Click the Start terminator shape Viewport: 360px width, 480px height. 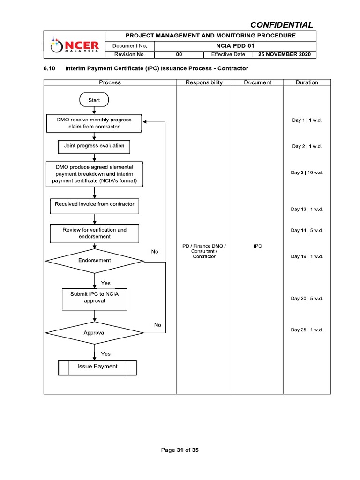click(94, 100)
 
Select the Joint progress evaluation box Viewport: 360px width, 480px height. click(94, 146)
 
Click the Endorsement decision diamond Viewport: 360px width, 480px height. click(94, 261)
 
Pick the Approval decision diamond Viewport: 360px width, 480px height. click(94, 333)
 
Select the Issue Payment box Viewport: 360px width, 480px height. click(97, 367)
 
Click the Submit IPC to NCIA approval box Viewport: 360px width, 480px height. click(94, 299)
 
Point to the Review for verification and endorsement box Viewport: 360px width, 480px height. click(94, 233)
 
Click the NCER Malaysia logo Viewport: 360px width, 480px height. click(75, 45)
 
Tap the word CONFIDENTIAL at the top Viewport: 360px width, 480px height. click(281, 25)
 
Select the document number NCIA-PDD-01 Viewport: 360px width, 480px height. click(234, 46)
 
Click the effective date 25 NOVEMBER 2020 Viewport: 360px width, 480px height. click(285, 55)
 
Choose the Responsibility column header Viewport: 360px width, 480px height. click(204, 82)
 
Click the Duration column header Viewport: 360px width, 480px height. click(307, 82)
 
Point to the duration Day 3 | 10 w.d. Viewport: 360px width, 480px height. click(307, 172)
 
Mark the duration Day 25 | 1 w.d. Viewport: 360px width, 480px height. click(307, 330)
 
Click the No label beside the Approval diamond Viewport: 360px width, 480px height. click(157, 325)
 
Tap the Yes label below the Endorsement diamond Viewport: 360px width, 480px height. click(106, 283)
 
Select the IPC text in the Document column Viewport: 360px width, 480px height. click(257, 246)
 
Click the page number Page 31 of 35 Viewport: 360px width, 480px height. click(180, 450)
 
